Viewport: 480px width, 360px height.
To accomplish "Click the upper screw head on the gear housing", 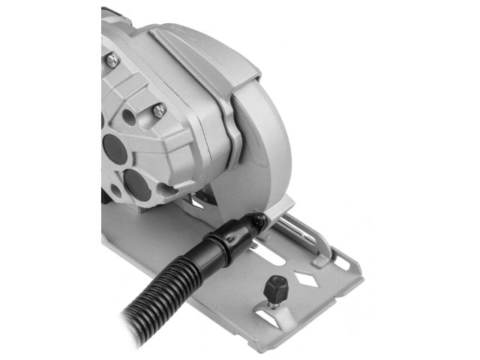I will (x=111, y=58).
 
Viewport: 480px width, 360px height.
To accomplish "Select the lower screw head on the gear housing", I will (x=159, y=109).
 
